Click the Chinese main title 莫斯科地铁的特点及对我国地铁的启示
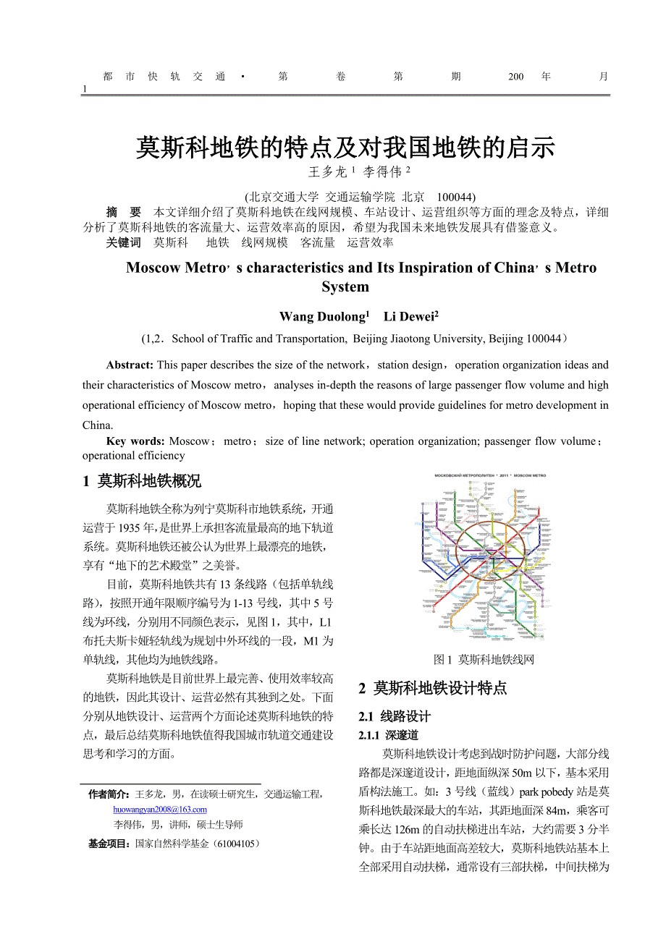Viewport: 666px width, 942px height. click(x=345, y=148)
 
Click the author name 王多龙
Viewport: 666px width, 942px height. click(x=328, y=172)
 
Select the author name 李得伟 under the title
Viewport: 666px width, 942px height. click(x=382, y=172)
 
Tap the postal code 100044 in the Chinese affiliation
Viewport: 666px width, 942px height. click(x=455, y=197)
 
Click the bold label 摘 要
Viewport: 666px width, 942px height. click(x=123, y=212)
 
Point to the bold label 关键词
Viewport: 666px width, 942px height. click(x=123, y=242)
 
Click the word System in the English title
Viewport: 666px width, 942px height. click(x=345, y=287)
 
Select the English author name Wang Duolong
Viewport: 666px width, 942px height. click(x=322, y=317)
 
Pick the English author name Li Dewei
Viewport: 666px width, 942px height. click(x=409, y=317)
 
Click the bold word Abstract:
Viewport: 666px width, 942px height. click(x=130, y=365)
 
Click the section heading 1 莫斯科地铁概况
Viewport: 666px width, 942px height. click(x=142, y=481)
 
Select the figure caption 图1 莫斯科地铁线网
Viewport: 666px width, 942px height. click(x=484, y=659)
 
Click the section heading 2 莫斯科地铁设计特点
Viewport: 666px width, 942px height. click(x=433, y=688)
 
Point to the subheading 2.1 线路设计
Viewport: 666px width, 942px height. click(x=395, y=716)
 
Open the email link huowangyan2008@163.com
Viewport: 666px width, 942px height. click(x=160, y=810)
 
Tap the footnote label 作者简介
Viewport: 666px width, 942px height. click(x=109, y=794)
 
